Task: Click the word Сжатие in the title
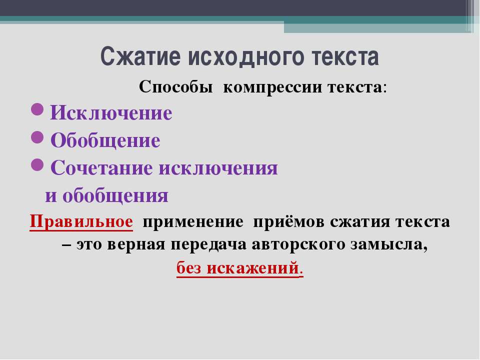coord(140,56)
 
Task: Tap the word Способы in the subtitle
coord(175,87)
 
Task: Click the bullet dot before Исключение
coord(37,109)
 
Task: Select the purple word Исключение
coord(111,112)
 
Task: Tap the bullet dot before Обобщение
coord(37,137)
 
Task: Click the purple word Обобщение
coord(105,140)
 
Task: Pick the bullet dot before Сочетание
coord(37,164)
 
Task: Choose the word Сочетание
coord(101,168)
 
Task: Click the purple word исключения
coord(218,168)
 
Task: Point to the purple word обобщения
coord(115,196)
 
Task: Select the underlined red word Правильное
coord(81,221)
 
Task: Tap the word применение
coord(193,222)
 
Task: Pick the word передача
coord(208,245)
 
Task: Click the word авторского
coord(298,245)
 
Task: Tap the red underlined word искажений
coord(252,268)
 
